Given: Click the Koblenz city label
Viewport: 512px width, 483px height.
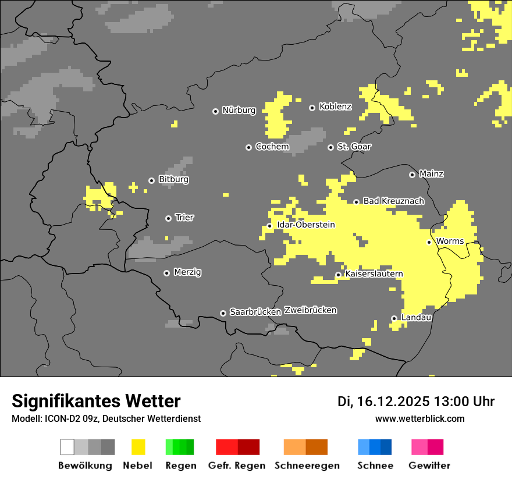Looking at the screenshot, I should [335, 106].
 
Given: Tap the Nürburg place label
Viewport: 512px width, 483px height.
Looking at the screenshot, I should [239, 110].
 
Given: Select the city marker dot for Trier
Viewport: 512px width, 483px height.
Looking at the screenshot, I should [169, 218].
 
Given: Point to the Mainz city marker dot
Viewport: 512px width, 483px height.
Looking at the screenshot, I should [413, 175].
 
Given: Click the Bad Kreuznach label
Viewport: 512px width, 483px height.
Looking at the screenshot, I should [393, 201].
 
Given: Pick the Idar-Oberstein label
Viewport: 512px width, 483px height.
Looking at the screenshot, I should [305, 225].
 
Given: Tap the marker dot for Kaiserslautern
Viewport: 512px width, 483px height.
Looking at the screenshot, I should [339, 275].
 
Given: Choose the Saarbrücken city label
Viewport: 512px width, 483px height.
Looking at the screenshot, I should [255, 312].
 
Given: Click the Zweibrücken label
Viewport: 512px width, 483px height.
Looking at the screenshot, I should [310, 310].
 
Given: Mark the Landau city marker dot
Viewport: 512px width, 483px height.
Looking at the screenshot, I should [394, 318].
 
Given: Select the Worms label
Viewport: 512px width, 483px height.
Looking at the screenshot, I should [450, 241].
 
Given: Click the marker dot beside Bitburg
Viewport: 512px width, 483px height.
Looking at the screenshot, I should [152, 180].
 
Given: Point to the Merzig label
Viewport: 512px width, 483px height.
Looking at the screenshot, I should [187, 272].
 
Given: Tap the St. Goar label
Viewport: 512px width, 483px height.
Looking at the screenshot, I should [354, 147].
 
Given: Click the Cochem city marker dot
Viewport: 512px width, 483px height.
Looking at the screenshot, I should [248, 147].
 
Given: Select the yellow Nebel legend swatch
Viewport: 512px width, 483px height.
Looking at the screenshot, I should [138, 447].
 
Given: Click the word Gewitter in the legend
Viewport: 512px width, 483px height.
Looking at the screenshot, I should [429, 466].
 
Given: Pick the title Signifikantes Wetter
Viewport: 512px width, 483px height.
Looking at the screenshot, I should [96, 401].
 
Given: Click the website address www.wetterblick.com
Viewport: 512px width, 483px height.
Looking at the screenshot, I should [419, 418].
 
